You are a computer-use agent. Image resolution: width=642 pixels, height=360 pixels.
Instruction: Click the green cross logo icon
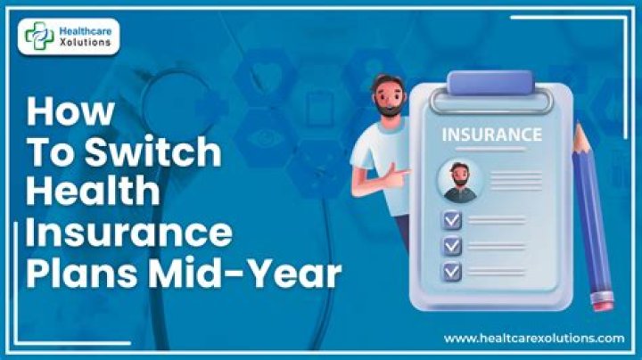tap(39, 36)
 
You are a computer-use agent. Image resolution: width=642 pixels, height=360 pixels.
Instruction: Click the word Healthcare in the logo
tap(86, 31)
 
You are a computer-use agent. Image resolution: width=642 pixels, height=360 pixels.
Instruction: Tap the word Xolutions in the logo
tap(86, 42)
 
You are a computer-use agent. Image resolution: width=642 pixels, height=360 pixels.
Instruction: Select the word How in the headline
tap(70, 111)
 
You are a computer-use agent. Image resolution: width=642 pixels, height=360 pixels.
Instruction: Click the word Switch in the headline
tap(152, 151)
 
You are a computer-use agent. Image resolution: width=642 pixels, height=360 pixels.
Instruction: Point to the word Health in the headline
tap(93, 191)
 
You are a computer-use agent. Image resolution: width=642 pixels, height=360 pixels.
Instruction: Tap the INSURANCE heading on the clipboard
tap(491, 135)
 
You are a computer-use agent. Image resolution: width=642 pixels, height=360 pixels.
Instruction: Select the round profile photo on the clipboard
tap(460, 181)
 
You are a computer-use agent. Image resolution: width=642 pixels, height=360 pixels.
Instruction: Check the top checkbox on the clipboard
tap(452, 220)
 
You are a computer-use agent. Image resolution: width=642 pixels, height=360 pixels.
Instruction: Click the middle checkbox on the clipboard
tap(452, 246)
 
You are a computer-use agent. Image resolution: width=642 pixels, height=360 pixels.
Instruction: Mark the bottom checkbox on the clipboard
tap(452, 272)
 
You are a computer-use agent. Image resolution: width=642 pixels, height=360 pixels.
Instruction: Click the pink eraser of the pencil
tap(602, 301)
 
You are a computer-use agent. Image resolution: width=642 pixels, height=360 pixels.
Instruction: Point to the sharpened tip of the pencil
tap(578, 124)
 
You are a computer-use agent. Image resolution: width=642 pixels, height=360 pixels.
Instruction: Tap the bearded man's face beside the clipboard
tap(389, 96)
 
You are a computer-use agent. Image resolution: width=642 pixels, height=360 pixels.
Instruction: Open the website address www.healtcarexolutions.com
tap(534, 339)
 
